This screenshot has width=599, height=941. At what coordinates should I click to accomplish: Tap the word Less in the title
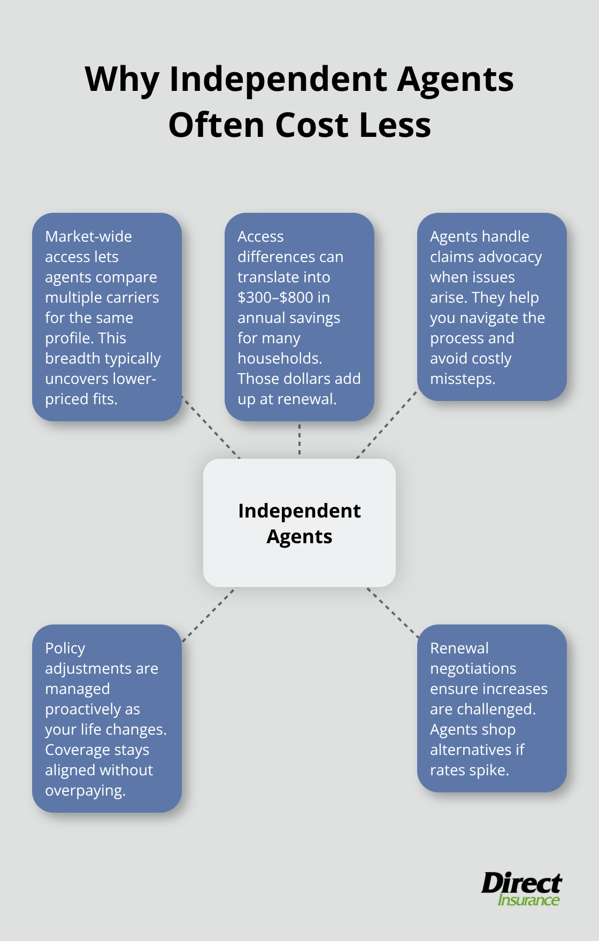(395, 126)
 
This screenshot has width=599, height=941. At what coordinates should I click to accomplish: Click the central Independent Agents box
(299, 523)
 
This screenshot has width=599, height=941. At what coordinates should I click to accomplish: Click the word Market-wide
(88, 236)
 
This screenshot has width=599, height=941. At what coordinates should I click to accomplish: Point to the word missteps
(462, 379)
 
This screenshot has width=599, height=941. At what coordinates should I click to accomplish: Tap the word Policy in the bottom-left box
(65, 648)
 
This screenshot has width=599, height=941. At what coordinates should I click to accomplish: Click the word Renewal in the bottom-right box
(459, 648)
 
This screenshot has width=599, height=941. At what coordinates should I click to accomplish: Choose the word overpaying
(85, 790)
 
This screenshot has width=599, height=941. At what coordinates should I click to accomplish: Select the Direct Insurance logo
(521, 889)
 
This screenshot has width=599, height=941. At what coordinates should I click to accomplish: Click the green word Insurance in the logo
(528, 900)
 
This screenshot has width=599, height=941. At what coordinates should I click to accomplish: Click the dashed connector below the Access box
(299, 439)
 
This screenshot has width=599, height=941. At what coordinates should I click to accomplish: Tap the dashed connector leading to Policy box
(209, 614)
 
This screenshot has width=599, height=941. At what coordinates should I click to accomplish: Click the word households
(279, 358)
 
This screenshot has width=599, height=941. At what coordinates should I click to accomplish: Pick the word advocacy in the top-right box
(509, 257)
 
